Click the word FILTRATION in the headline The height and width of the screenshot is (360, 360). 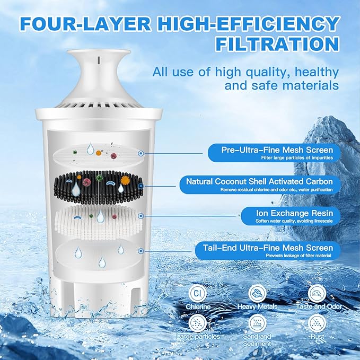[277, 43]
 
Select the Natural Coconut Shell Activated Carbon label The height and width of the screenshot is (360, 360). [259, 181]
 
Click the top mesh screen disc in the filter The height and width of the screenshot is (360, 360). [98, 152]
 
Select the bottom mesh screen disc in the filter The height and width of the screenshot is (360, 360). [98, 253]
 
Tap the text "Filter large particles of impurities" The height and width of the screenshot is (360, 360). [296, 157]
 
